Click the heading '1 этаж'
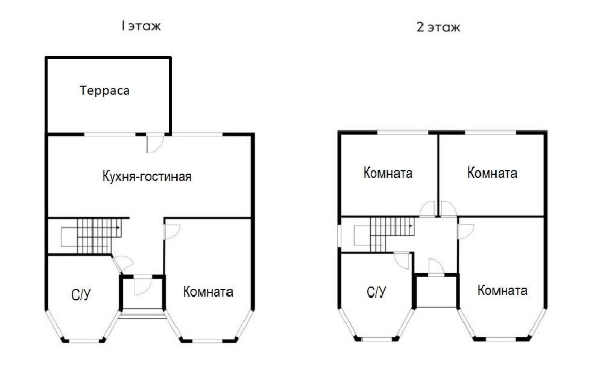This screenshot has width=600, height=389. [142, 27]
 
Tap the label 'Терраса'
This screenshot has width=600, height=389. [105, 91]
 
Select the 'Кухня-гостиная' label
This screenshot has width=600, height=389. [147, 177]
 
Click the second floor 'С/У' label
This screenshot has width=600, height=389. [376, 293]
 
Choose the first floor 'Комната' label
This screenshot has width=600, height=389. [208, 293]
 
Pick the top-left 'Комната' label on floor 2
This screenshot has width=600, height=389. [388, 173]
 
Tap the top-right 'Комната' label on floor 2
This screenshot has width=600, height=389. [492, 173]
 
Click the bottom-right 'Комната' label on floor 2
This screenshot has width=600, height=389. [502, 290]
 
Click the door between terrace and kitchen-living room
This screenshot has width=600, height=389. [154, 142]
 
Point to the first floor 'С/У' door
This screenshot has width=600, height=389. [124, 263]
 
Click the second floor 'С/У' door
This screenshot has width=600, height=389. [402, 261]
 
